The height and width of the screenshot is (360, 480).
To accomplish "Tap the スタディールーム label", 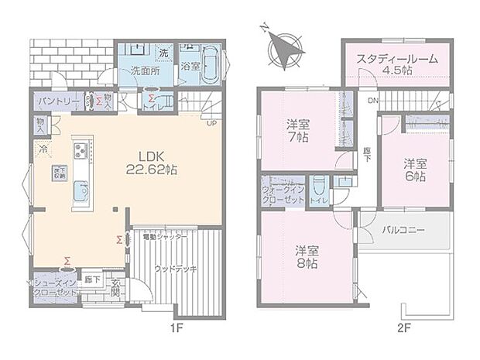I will [x=397, y=63].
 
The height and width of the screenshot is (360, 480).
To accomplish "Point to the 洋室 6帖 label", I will [x=413, y=170].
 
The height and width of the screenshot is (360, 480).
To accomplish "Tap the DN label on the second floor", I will [x=373, y=101].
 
